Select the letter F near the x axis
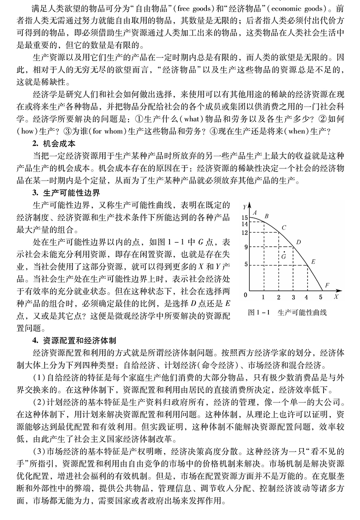pyautogui.click(x=327, y=285)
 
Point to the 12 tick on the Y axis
pyautogui.click(x=244, y=233)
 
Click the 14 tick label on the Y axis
pyautogui.click(x=244, y=224)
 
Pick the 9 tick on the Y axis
pyautogui.click(x=245, y=247)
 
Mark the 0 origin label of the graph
pyautogui.click(x=245, y=295)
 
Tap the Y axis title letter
pyautogui.click(x=245, y=208)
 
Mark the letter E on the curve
pyautogui.click(x=313, y=261)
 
